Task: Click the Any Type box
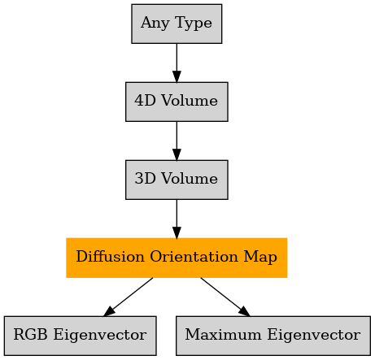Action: point(177,24)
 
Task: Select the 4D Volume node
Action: point(177,102)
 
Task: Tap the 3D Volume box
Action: point(177,180)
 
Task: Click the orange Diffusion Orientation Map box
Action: point(177,258)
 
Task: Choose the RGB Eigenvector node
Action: point(81,336)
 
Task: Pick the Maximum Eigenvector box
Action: point(273,336)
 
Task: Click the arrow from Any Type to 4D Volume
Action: point(177,63)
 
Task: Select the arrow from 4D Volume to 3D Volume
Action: point(177,141)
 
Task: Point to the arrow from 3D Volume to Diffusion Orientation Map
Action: point(177,219)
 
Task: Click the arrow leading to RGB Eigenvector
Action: point(129,297)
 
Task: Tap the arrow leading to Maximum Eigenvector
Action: point(225,297)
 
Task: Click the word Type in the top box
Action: point(194,24)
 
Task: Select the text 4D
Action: point(145,100)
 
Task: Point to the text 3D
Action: point(146,178)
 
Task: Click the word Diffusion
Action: point(110,256)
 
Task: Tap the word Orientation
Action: point(194,256)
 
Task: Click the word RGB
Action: point(30,334)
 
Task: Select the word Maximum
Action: point(223,334)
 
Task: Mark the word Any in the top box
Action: point(155,24)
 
